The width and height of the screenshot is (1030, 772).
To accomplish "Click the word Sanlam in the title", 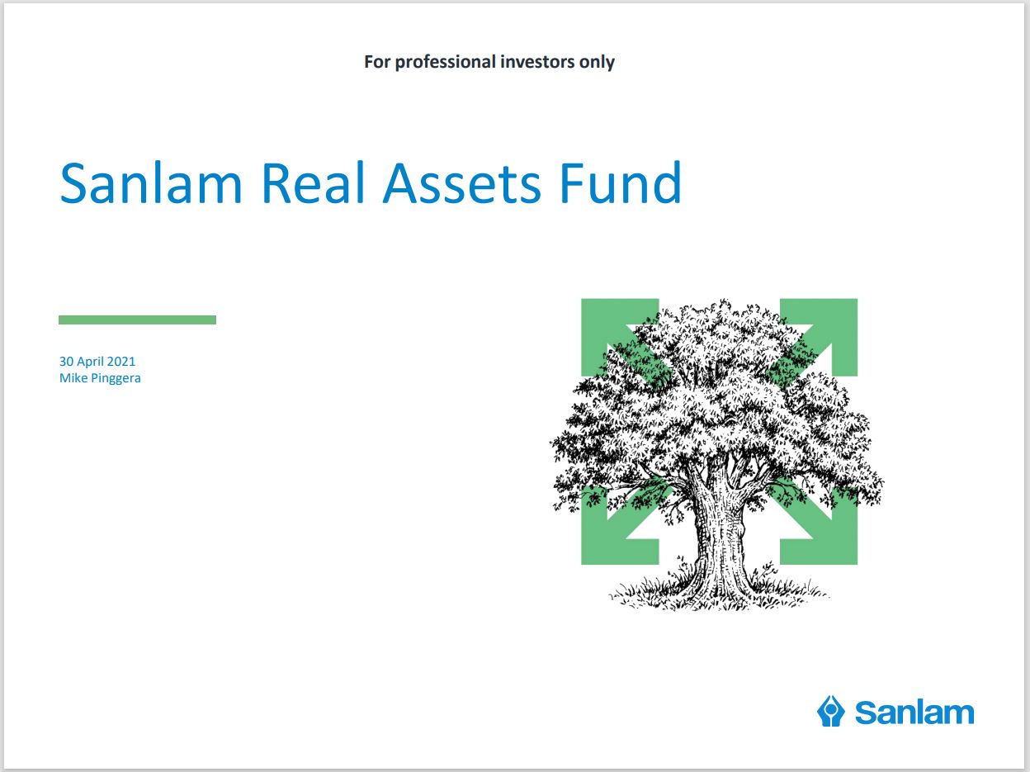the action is [x=151, y=182].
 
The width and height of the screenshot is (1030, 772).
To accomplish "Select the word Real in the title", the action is [x=313, y=182].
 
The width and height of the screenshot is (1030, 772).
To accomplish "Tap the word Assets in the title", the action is [x=462, y=183].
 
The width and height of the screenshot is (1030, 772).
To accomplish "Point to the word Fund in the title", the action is [x=621, y=182].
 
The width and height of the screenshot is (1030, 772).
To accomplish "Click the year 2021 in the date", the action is [x=121, y=362].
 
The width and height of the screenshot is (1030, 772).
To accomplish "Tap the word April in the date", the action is [x=91, y=362].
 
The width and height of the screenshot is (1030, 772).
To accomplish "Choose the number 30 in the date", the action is [x=66, y=362].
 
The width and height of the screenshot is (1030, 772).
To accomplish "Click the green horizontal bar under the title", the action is [x=138, y=320].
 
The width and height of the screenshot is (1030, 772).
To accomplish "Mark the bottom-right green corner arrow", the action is [x=826, y=530].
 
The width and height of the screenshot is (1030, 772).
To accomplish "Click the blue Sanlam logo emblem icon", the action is [x=830, y=712].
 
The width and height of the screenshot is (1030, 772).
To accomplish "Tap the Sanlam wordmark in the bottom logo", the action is [x=914, y=713].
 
